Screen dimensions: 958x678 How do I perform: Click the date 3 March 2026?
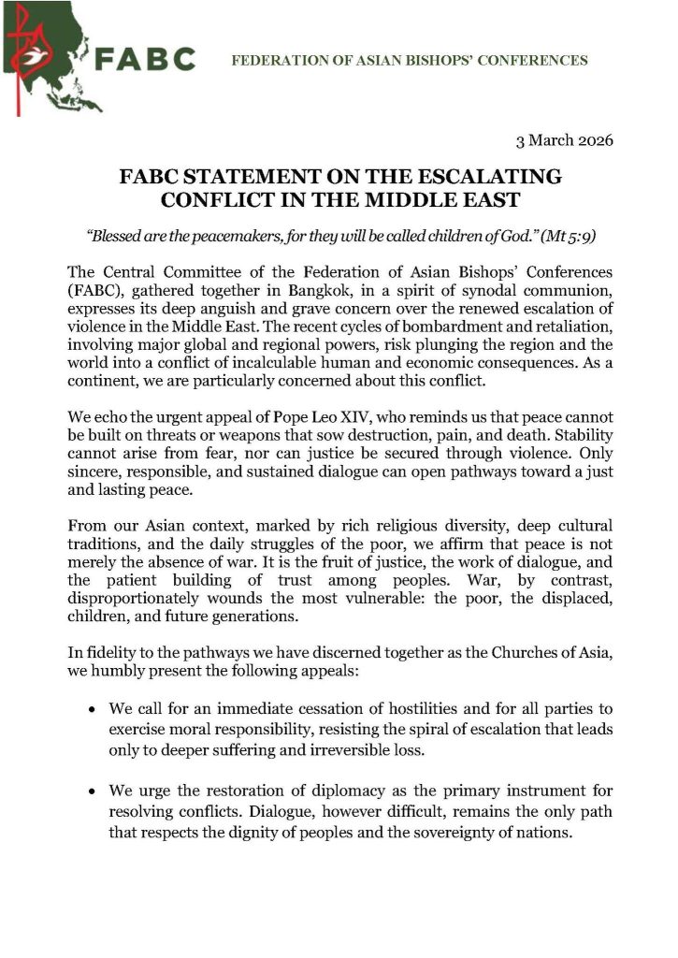[x=564, y=142]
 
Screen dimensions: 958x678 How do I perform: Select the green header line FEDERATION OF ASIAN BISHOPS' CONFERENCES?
[x=409, y=61]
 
